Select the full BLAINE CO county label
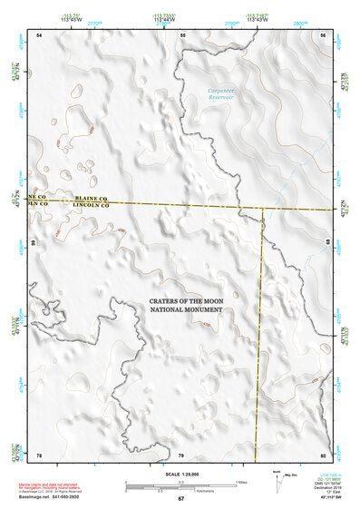tap(92, 197)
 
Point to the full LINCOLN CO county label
tap(92, 206)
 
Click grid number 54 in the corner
tap(39, 34)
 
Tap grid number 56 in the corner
tap(323, 34)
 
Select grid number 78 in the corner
tap(39, 454)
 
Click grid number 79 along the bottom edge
tap(181, 454)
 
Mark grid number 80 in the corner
tap(323, 454)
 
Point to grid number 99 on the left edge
tap(34, 243)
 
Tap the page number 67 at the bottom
tap(180, 499)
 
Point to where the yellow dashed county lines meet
tap(262, 209)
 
